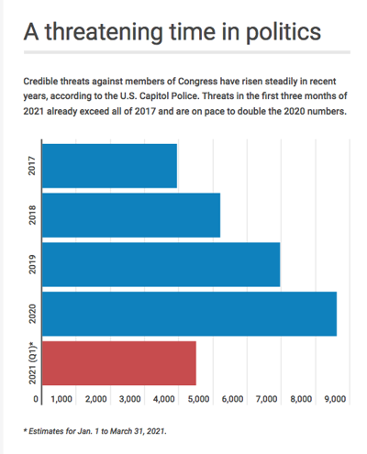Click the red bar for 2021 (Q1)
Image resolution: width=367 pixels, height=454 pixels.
[118, 363]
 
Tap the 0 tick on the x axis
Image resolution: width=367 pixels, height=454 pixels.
[37, 400]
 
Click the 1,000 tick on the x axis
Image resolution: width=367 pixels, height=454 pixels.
[61, 400]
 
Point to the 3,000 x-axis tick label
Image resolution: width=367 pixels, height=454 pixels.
[129, 400]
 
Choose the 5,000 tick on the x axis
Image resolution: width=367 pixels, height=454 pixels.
[197, 400]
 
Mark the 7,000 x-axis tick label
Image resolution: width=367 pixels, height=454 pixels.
[265, 400]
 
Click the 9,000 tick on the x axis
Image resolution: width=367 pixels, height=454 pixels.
[333, 400]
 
